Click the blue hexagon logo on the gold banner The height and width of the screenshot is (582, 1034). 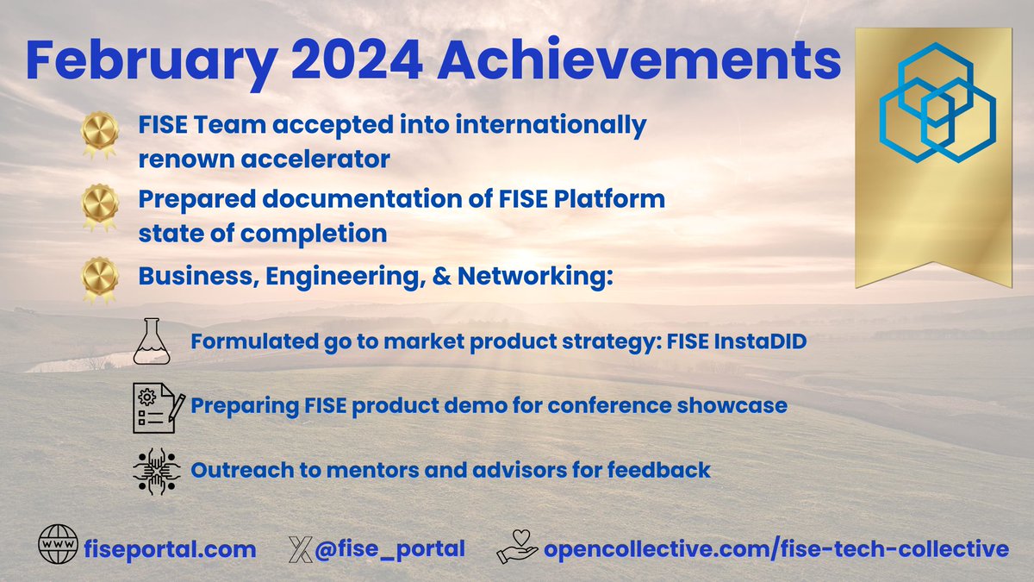(x=936, y=108)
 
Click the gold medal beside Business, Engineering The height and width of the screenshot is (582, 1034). (x=98, y=278)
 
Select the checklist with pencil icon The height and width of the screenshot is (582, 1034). (x=154, y=405)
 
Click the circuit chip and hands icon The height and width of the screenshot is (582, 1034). (x=156, y=470)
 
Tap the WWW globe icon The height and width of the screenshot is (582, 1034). (x=58, y=548)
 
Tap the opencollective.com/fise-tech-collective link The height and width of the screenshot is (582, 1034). (x=775, y=548)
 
